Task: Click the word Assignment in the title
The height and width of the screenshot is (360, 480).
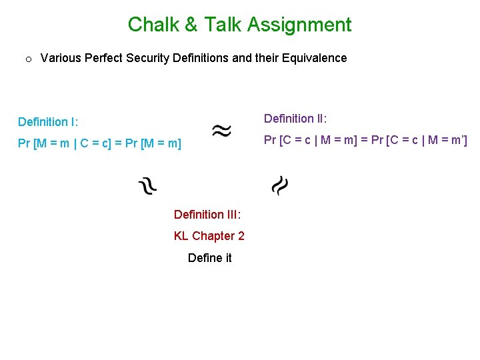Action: point(299,25)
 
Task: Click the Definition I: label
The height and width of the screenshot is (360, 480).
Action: point(48,122)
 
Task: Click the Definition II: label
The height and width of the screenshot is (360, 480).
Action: point(295,119)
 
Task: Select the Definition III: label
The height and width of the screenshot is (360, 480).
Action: point(207,215)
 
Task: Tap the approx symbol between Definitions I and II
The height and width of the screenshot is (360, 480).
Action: point(222,130)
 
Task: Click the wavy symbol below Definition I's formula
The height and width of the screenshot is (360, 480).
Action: point(147,185)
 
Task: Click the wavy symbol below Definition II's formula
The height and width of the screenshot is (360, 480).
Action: point(280,185)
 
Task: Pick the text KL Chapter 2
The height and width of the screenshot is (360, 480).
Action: point(209,236)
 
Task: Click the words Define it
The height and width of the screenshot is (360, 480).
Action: point(209,258)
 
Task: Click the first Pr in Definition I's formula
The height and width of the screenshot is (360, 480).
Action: point(25,143)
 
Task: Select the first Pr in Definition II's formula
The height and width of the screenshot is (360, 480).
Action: point(271,140)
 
